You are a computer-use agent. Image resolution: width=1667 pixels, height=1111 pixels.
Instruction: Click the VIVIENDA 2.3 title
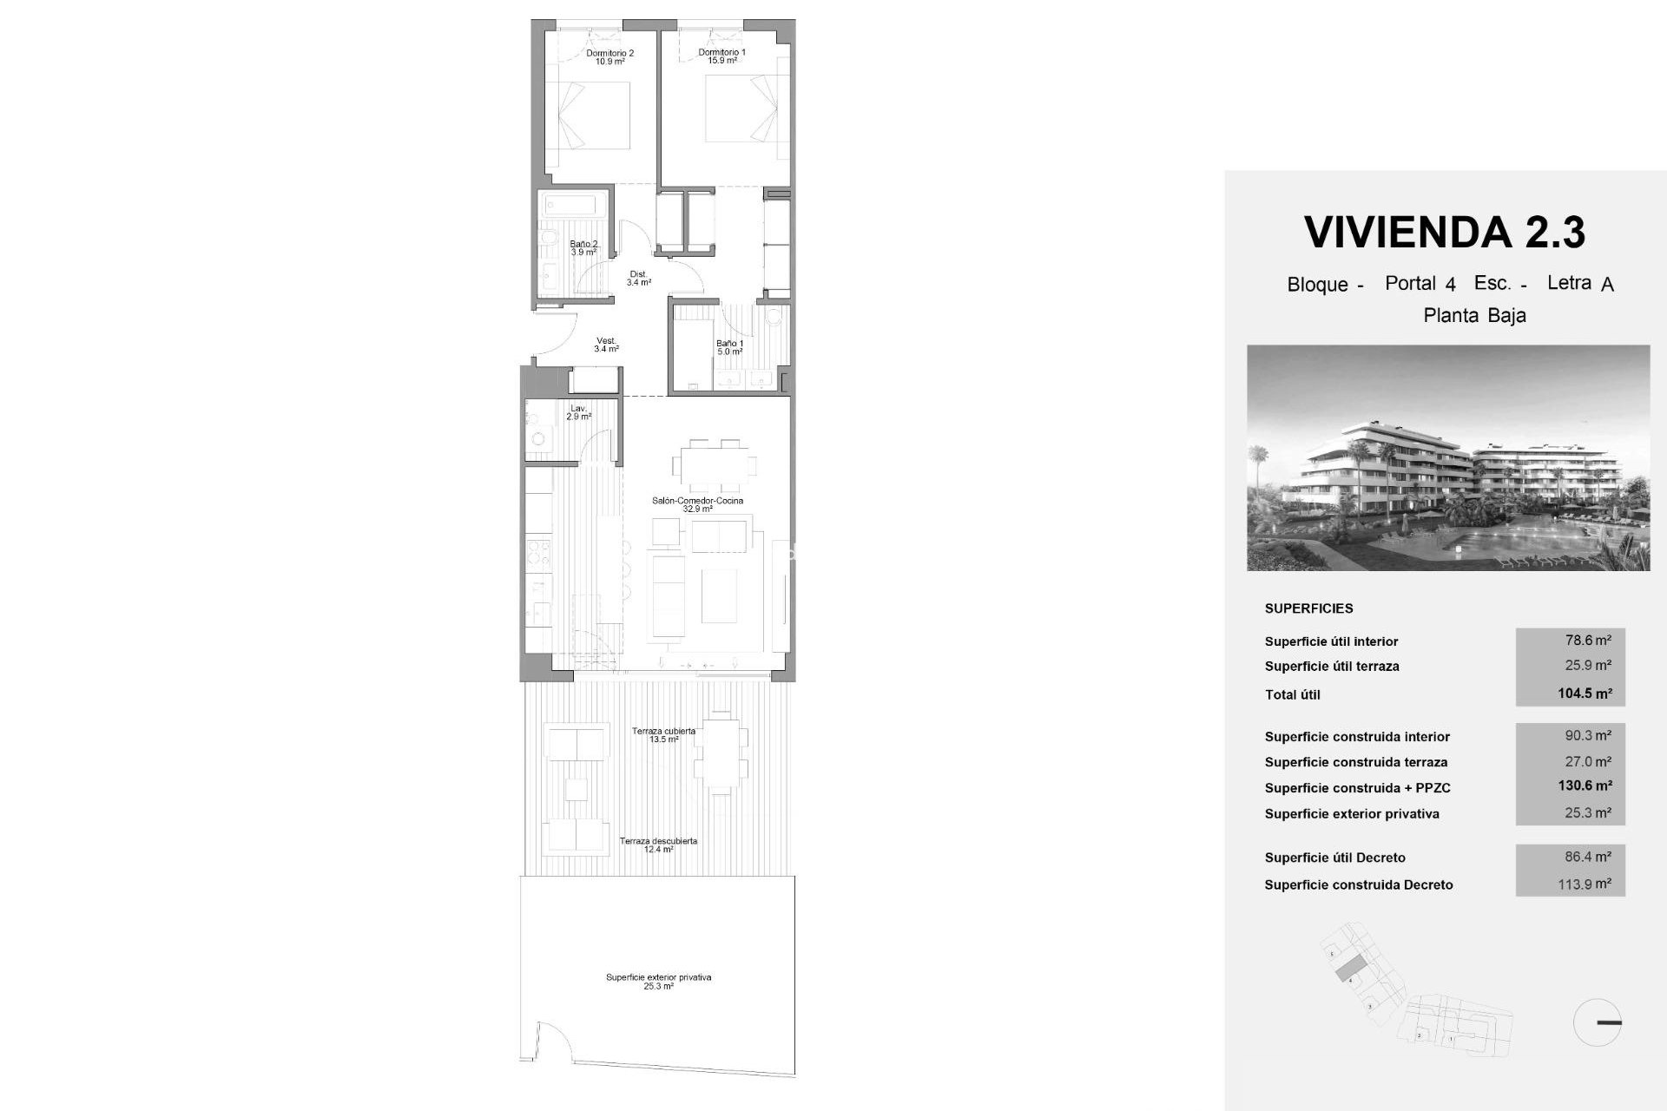pyautogui.click(x=1445, y=232)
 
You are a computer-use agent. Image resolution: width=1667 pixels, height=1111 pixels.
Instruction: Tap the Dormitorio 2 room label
pyautogui.click(x=609, y=57)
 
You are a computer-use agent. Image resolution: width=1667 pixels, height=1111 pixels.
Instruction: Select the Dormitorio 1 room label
pyautogui.click(x=721, y=56)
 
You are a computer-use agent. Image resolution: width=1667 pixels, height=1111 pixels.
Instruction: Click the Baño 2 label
pyautogui.click(x=583, y=248)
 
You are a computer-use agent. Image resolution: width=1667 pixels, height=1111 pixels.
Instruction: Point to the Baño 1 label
pyautogui.click(x=729, y=347)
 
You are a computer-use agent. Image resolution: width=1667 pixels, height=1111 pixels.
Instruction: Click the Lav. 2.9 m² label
pyautogui.click(x=578, y=412)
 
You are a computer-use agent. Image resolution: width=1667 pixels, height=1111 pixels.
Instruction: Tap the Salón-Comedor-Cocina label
pyautogui.click(x=697, y=504)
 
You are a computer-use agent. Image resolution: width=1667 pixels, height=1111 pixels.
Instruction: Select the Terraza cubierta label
pyautogui.click(x=663, y=735)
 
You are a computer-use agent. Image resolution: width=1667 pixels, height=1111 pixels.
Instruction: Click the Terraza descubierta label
pyautogui.click(x=658, y=845)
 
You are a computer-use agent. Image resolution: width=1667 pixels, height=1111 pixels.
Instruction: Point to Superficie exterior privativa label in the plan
pyautogui.click(x=658, y=982)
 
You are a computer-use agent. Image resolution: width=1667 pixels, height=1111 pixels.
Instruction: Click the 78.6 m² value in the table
pyautogui.click(x=1588, y=641)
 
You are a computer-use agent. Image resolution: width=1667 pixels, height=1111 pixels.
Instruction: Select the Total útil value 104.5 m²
pyautogui.click(x=1585, y=694)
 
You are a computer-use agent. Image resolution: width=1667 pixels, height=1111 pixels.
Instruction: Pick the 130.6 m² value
pyautogui.click(x=1585, y=786)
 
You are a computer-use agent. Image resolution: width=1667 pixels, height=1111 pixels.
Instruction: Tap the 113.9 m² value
pyautogui.click(x=1588, y=884)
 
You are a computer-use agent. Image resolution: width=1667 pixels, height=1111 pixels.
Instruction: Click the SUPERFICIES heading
pyautogui.click(x=1308, y=608)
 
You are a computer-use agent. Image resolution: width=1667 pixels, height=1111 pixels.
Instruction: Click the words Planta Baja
pyautogui.click(x=1474, y=316)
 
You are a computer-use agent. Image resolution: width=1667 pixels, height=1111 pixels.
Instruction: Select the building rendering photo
pyautogui.click(x=1448, y=457)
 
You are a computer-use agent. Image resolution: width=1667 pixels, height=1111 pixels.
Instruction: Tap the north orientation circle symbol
pyautogui.click(x=1597, y=1022)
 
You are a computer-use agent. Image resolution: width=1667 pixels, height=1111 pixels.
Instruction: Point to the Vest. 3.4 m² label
pyautogui.click(x=606, y=345)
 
